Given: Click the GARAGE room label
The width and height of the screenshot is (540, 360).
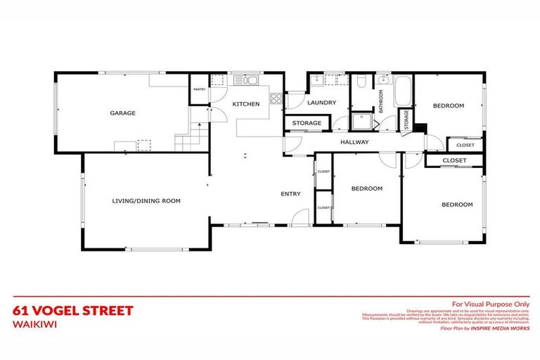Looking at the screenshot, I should tap(122, 112).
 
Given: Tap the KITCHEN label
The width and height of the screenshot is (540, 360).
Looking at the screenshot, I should tap(246, 104).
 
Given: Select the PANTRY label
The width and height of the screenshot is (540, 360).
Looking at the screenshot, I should tap(199, 89).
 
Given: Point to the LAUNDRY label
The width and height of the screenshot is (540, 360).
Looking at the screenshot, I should tap(322, 103).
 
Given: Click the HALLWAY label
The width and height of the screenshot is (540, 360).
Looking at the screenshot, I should tap(354, 142).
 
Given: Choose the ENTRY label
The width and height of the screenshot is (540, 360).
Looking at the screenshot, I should tap(290, 194).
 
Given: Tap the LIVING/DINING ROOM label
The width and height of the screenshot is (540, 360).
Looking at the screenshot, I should tap(146, 201).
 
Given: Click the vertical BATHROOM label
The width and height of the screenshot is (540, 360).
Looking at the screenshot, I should tap(381, 101).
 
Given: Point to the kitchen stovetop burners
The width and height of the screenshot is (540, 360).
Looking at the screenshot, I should tap(276, 98).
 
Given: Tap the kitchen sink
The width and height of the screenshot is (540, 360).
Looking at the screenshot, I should tap(250, 80).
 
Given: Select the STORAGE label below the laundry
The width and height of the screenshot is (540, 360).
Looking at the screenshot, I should tap(307, 124).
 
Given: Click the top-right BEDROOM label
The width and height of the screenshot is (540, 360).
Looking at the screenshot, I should tap(448, 106).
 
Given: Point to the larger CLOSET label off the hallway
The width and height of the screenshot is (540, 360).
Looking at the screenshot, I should tap(454, 161).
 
